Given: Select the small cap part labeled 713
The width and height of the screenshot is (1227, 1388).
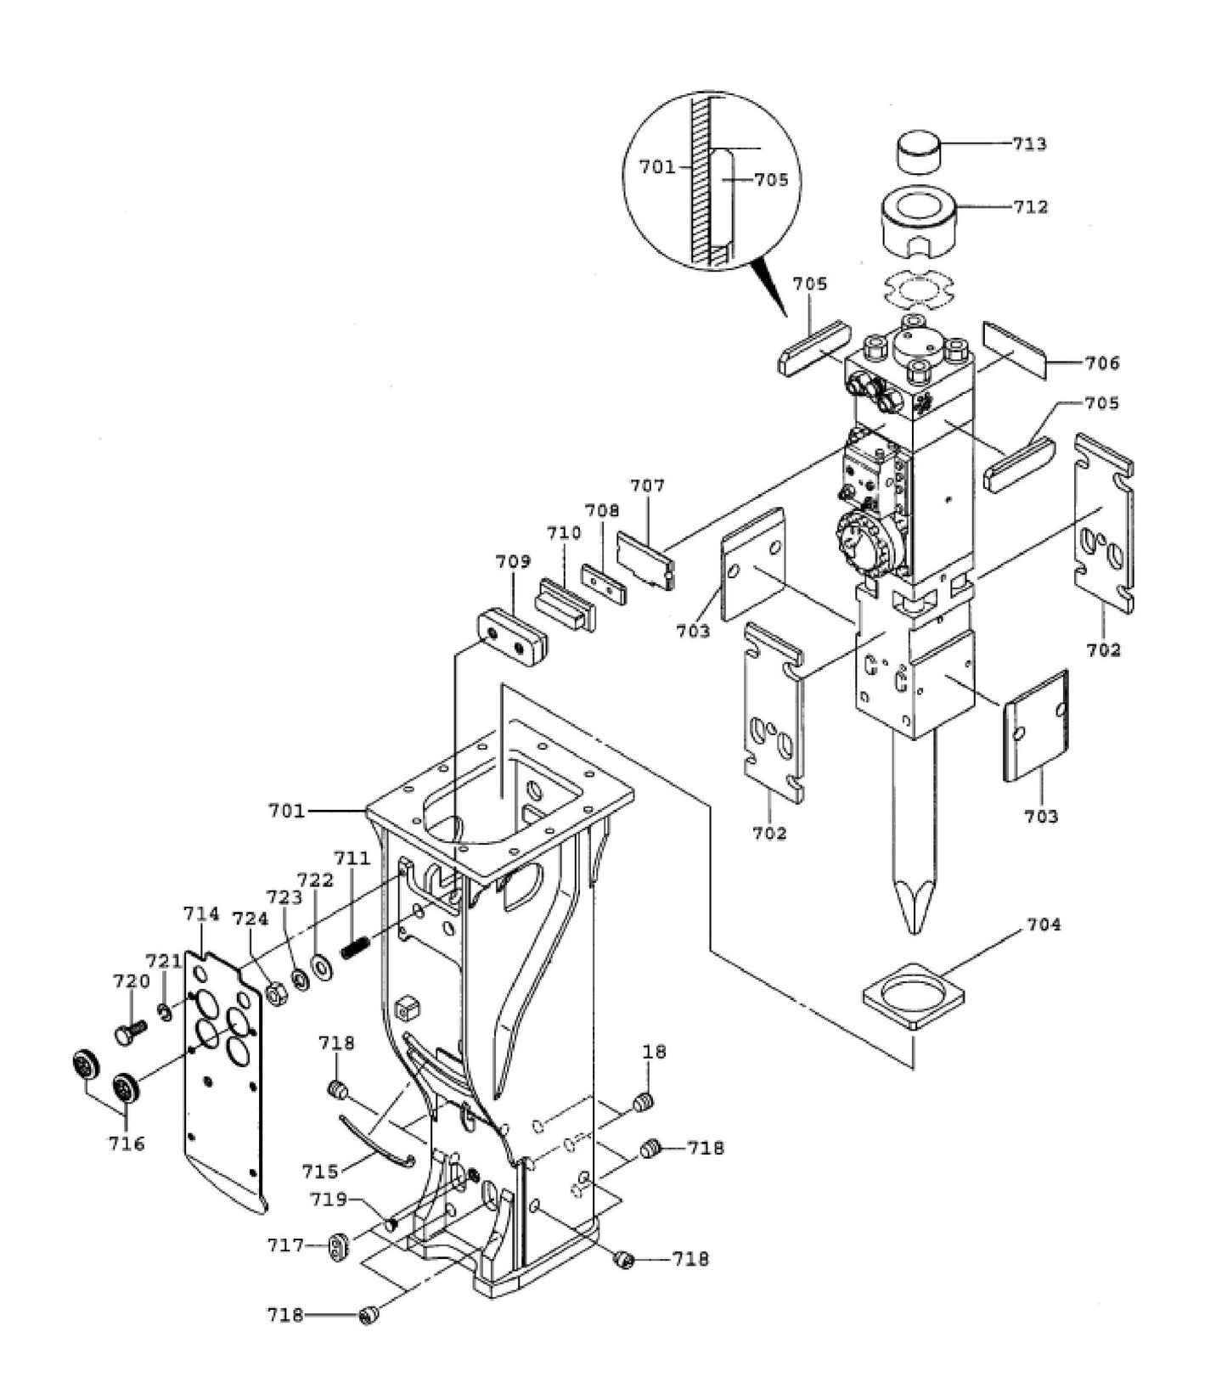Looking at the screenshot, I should pyautogui.click(x=920, y=151).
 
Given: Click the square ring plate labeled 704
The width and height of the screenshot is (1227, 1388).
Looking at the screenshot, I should pyautogui.click(x=913, y=995).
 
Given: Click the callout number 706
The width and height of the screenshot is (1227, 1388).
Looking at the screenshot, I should pyautogui.click(x=1102, y=362).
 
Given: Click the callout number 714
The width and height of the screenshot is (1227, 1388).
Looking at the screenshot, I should pyautogui.click(x=201, y=913).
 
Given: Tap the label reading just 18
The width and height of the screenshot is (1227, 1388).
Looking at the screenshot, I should pyautogui.click(x=654, y=1051).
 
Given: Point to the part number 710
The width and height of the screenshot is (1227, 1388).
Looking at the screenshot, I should pyautogui.click(x=564, y=532).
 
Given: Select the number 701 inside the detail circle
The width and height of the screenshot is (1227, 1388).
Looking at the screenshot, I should pyautogui.click(x=657, y=166).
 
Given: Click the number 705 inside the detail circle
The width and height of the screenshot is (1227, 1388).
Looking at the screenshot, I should pyautogui.click(x=771, y=179).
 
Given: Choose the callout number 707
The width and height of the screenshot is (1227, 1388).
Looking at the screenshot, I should pyautogui.click(x=647, y=486).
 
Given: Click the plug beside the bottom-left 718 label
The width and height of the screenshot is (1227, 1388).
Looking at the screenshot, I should pyautogui.click(x=369, y=1315).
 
